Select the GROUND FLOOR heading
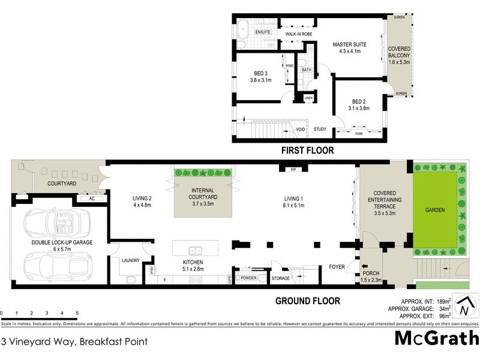(x=307, y=301)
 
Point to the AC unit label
(x=92, y=198)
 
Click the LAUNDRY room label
(x=130, y=260)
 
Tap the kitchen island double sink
(x=195, y=251)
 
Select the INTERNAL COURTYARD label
(x=203, y=200)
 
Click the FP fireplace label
(x=293, y=169)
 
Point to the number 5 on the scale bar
(x=77, y=313)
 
